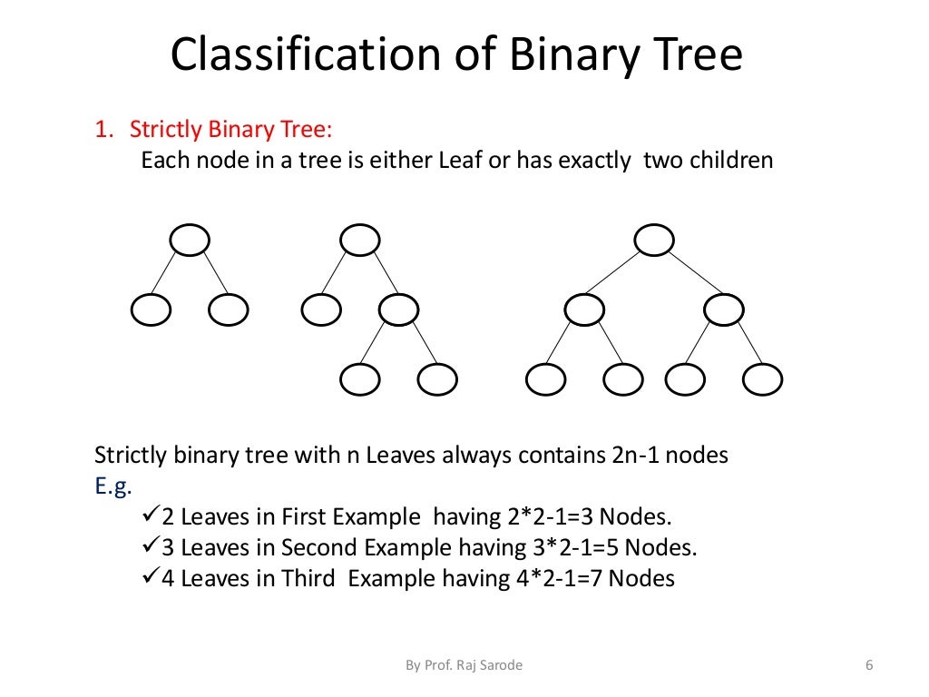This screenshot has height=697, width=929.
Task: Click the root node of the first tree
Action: [x=190, y=241]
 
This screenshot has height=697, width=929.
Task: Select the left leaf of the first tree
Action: [x=151, y=311]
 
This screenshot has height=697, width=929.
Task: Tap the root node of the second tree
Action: [x=360, y=241]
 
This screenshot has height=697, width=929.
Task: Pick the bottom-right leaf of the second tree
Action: [x=436, y=379]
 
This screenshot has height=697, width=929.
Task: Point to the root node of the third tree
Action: [x=654, y=241]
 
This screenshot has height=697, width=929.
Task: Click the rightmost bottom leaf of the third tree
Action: [x=762, y=379]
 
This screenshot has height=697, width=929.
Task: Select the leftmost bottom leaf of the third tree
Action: [x=545, y=379]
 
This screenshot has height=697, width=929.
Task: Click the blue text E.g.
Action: [x=113, y=486]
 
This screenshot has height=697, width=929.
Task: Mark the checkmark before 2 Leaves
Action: [x=152, y=515]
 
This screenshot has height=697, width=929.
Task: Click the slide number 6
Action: [x=869, y=666]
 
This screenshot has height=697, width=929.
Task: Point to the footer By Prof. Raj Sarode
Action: [x=464, y=666]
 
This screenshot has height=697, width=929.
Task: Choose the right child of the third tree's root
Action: [x=723, y=311]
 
